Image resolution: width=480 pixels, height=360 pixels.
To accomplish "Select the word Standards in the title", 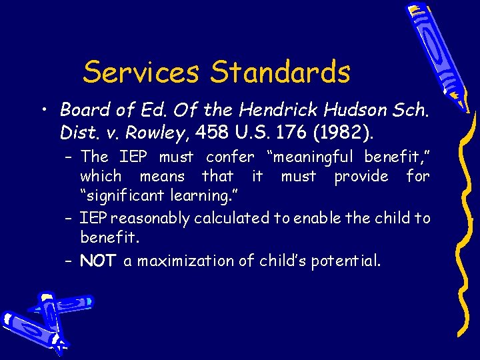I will [x=280, y=73].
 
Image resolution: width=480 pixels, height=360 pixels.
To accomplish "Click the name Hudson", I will [x=348, y=109].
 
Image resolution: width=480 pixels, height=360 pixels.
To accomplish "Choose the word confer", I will [x=230, y=157].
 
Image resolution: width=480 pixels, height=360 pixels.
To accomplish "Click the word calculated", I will [x=237, y=218].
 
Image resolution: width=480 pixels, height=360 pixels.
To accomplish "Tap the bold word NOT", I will [x=98, y=261].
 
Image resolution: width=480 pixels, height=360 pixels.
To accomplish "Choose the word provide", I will [x=361, y=177].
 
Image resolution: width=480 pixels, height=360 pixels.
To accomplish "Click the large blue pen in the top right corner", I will [x=437, y=53].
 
